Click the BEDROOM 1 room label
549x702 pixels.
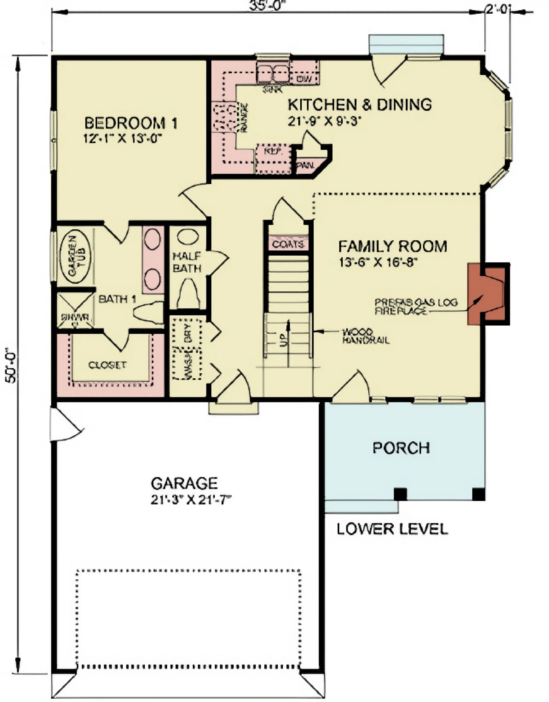tap(131, 123)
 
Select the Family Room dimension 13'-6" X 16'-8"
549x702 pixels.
tap(378, 262)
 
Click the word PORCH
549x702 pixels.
tap(401, 448)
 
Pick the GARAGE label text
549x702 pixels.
tap(184, 483)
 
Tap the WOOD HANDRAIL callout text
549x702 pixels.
tap(366, 336)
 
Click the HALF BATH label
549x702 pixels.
tap(187, 262)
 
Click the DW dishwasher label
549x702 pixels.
tap(304, 79)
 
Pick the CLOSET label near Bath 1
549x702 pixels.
tap(107, 365)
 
